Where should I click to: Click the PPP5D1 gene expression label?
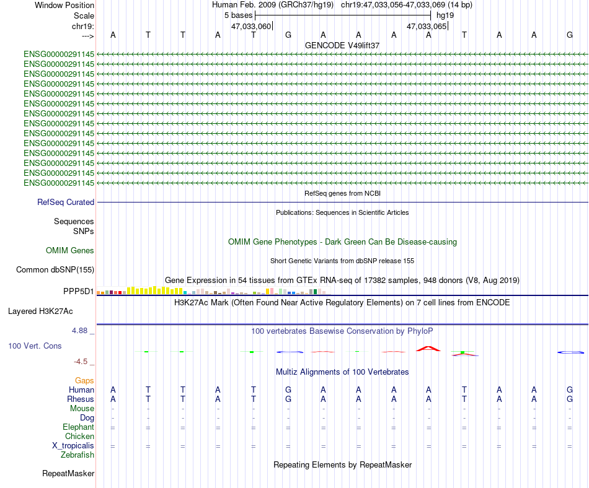[x=79, y=292]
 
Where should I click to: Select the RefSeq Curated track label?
[x=66, y=202]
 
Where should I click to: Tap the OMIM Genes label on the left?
[x=70, y=251]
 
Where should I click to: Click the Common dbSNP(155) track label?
[x=55, y=269]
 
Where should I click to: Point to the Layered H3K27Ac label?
[x=40, y=312]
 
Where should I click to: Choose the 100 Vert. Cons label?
[x=35, y=346]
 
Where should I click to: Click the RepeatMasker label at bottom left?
[x=68, y=473]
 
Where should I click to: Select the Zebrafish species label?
[x=77, y=455]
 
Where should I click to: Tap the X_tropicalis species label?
[x=73, y=446]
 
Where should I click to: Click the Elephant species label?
[x=79, y=427]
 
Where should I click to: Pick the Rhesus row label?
[x=81, y=399]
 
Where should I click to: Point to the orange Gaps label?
[x=84, y=381]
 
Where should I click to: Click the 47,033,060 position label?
[x=251, y=26]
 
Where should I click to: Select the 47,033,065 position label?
[x=427, y=26]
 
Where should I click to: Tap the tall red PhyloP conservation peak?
[x=428, y=349]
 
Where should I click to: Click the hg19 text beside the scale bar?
[x=445, y=15]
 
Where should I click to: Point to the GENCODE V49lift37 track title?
[x=342, y=45]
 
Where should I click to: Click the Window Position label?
[x=64, y=5]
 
